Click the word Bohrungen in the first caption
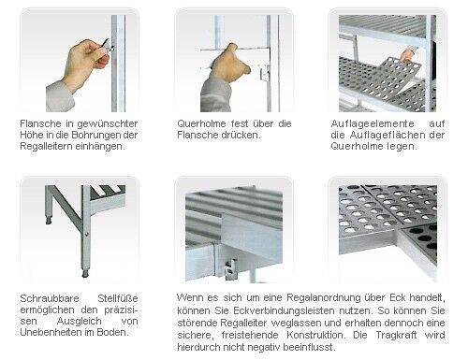tap(95, 136)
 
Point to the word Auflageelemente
tap(373, 123)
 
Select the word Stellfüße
tap(118, 298)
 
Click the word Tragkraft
tap(396, 335)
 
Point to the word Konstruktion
tap(316, 335)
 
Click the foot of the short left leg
tap(49, 221)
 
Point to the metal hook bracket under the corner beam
tap(230, 270)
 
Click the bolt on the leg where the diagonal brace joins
tap(86, 234)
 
